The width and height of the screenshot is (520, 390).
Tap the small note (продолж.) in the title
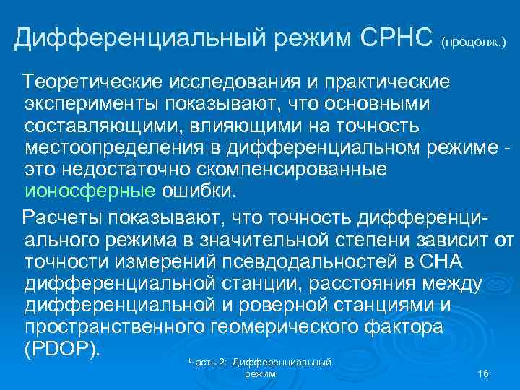point(473,43)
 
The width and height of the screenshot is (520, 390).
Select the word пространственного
point(118,328)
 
